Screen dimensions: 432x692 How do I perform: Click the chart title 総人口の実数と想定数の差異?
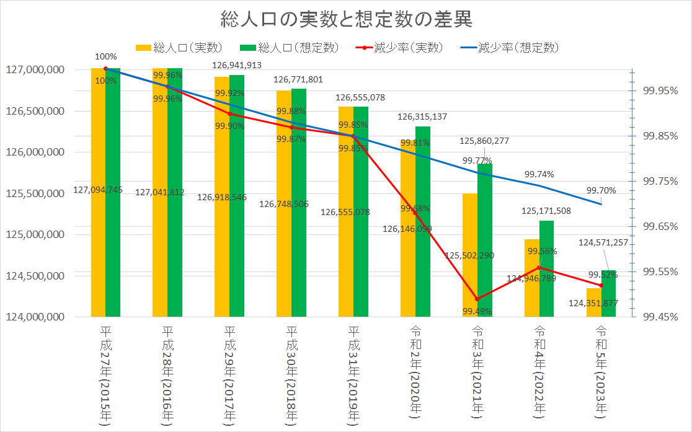(x=346, y=20)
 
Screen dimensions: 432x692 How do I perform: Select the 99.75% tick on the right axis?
(x=660, y=181)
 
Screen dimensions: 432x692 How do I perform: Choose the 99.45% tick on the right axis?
(x=660, y=317)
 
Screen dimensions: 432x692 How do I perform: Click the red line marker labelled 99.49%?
(x=477, y=299)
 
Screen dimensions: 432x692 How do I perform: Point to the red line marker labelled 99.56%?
(x=539, y=267)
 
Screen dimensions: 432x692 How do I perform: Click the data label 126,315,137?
(x=422, y=117)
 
